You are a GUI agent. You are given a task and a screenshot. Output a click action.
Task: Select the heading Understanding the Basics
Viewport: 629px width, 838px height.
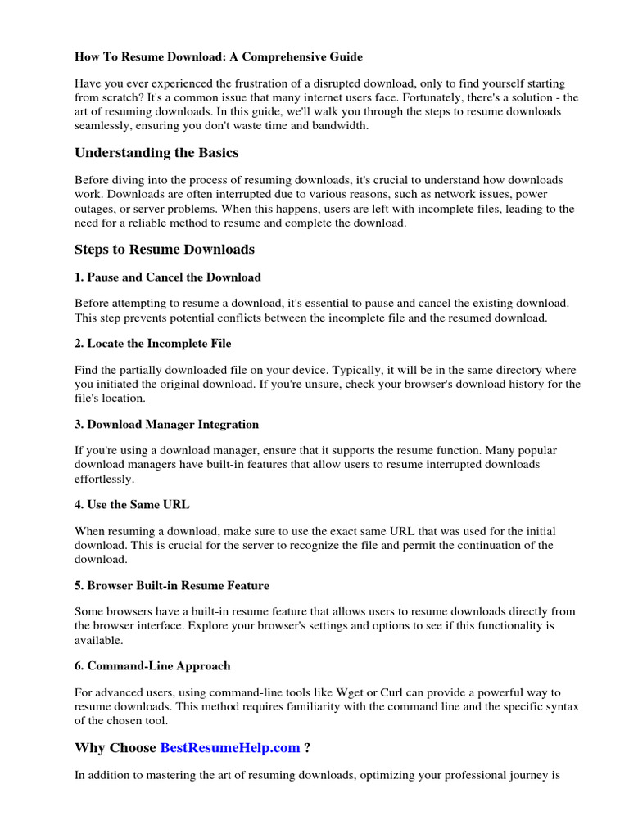(156, 153)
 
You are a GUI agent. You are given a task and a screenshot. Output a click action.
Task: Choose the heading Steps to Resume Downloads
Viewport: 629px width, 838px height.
(165, 250)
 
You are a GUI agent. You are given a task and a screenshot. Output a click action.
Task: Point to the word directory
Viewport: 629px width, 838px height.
(501, 370)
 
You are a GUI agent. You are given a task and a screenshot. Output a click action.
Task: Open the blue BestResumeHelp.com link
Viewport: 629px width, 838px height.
(230, 747)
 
